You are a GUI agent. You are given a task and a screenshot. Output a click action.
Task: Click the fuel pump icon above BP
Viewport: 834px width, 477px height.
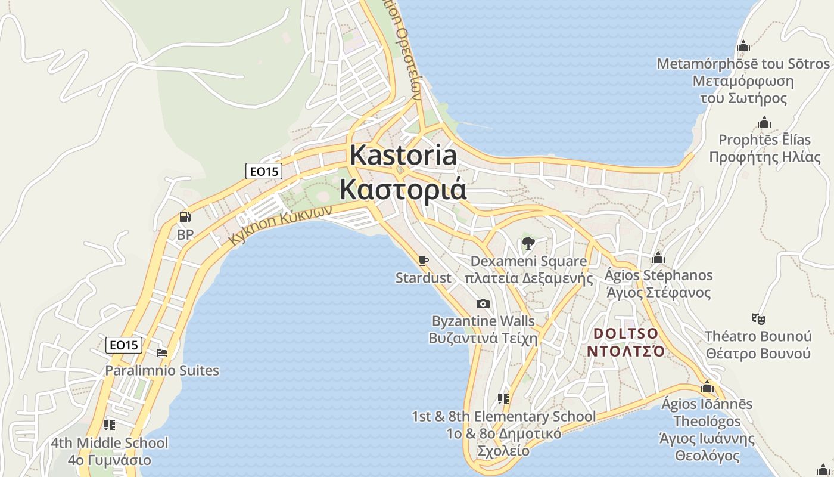coord(185,217)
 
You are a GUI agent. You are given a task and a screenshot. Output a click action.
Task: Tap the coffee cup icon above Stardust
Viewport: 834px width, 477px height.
coord(423,261)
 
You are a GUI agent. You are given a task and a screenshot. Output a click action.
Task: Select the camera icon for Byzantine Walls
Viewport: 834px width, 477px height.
coord(483,304)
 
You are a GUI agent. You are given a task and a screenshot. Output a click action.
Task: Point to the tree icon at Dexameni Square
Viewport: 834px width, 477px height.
coord(528,243)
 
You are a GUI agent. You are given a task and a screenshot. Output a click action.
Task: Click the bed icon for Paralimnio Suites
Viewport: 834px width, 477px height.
coord(161,353)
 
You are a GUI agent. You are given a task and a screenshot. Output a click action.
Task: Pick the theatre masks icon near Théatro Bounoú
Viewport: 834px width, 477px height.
coord(758,318)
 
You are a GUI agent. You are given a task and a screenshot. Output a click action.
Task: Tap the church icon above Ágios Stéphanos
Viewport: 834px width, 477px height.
coord(658,258)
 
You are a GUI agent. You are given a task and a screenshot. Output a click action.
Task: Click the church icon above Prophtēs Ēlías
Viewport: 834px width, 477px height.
coord(764,123)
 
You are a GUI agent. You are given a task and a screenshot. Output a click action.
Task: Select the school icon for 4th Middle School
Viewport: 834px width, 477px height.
coord(109,425)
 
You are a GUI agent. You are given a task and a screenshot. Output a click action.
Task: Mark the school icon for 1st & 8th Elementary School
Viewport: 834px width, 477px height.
coord(503,398)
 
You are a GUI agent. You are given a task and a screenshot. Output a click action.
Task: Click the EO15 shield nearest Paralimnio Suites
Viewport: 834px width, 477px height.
coord(125,345)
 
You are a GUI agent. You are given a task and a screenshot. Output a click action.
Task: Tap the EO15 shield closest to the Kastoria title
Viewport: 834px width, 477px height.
coord(264,171)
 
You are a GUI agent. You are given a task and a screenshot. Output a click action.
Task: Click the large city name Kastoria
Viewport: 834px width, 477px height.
coord(403,155)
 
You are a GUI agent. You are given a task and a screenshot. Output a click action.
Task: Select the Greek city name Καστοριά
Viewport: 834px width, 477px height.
coord(403,189)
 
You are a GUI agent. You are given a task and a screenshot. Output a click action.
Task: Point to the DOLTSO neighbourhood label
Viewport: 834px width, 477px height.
coord(626,333)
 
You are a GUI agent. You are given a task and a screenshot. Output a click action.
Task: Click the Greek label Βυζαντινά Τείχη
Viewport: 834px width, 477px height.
coord(483,338)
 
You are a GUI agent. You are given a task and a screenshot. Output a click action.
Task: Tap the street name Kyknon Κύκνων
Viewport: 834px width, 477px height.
coord(280,227)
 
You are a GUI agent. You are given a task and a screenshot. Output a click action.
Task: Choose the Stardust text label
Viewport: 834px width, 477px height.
coord(424,278)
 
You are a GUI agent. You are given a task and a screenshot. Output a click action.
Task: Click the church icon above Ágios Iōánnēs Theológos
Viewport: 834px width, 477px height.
coord(707,386)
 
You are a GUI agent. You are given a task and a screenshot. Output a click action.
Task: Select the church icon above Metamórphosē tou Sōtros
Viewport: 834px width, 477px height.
coord(743,46)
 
